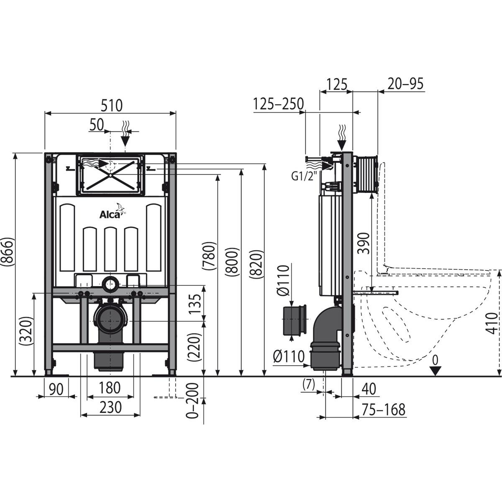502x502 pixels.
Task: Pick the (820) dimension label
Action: [x=257, y=264]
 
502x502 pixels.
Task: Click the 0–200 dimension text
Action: [x=193, y=401]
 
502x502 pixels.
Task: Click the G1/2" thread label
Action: [x=303, y=176]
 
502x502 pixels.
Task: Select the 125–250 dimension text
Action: [x=278, y=104]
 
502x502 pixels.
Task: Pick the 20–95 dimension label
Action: [x=405, y=84]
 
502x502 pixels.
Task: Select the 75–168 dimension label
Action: [x=384, y=410]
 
